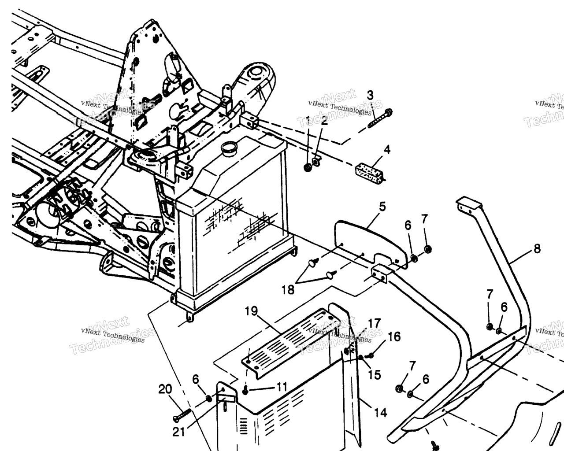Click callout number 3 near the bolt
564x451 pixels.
pos(370,95)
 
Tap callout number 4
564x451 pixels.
pos(387,149)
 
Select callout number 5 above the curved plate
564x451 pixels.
pos(382,206)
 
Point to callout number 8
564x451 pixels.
pos(537,249)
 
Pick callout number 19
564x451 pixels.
pos(251,311)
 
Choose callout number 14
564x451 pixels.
pos(380,413)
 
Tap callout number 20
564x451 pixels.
pos(165,389)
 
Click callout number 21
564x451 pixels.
pos(178,432)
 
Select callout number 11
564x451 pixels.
pos(282,387)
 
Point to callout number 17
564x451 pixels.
pos(374,324)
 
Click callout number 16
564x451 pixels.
pos(394,337)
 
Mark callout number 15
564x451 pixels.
pos(374,375)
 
